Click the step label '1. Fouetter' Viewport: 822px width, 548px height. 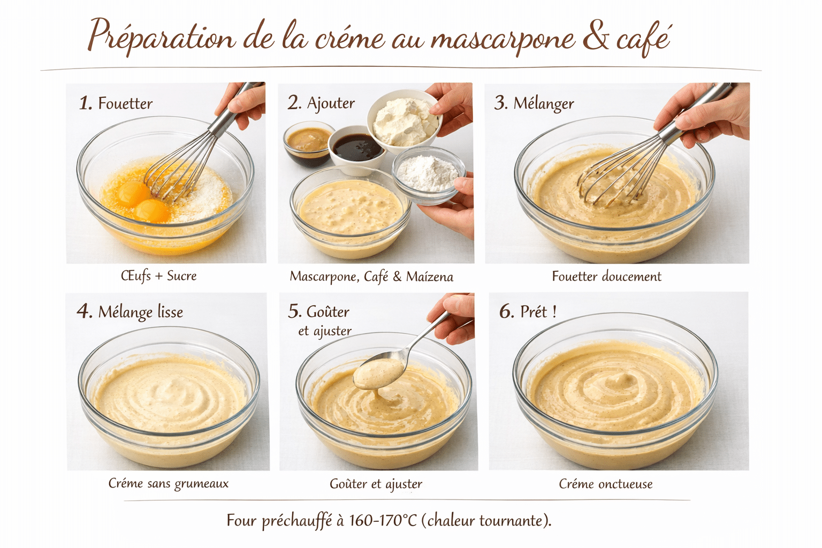[x=116, y=103]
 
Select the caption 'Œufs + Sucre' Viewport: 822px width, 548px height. [x=159, y=276]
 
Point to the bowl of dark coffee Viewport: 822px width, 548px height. [x=356, y=147]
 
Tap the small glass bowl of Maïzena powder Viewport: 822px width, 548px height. [x=429, y=172]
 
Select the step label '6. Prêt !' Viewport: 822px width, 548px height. [x=528, y=311]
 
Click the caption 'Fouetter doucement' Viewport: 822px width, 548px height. [x=606, y=276]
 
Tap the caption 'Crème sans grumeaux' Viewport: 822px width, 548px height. [x=169, y=483]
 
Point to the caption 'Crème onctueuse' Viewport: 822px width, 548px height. [x=606, y=484]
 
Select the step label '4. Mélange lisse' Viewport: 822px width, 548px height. [x=130, y=311]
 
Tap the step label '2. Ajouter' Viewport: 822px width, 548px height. [x=321, y=103]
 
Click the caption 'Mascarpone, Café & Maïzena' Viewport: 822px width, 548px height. [x=371, y=276]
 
